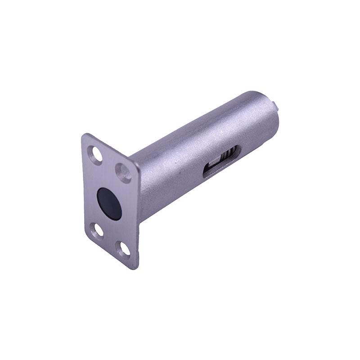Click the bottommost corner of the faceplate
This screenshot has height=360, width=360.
pyautogui.click(x=134, y=268)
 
